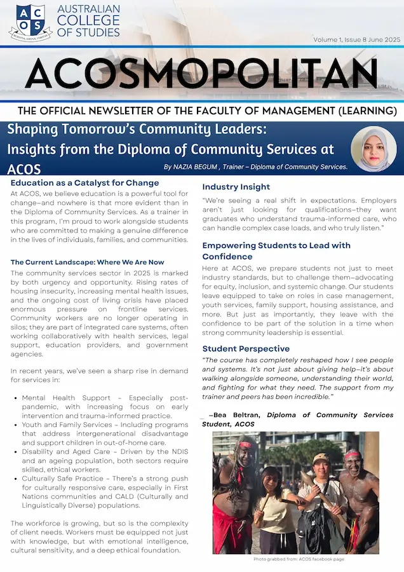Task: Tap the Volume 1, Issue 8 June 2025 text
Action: pyautogui.click(x=356, y=39)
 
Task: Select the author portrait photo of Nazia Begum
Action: pyautogui.click(x=374, y=149)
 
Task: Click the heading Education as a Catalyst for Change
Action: pyautogui.click(x=84, y=183)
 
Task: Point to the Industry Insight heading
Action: pyautogui.click(x=236, y=187)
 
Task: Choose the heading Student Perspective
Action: pyautogui.click(x=246, y=348)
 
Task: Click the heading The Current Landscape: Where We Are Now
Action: pyautogui.click(x=87, y=262)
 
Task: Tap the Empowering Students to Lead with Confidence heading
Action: pyautogui.click(x=276, y=250)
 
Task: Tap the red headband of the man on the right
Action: pyautogui.click(x=353, y=455)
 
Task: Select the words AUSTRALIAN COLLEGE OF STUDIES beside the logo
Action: pyautogui.click(x=88, y=21)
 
